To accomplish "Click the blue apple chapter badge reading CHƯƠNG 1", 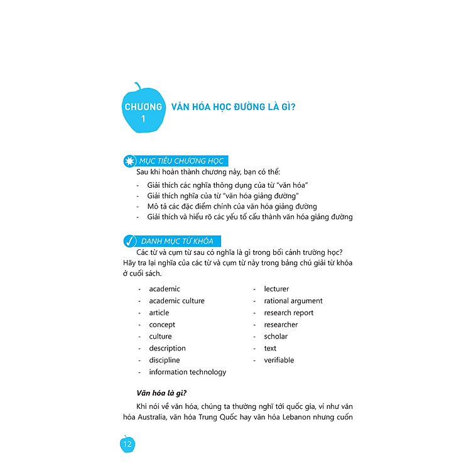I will coord(143,109).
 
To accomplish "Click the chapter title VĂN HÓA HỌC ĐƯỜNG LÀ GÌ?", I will coord(234,106).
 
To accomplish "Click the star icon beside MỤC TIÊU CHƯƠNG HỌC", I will coord(129,161).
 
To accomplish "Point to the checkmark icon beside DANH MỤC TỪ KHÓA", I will coord(129,241).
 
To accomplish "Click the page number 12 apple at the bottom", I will coord(127,445).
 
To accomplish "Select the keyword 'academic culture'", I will coord(176,301).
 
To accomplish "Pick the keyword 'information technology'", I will coord(187,372).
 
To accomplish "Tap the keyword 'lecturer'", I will coord(276,289).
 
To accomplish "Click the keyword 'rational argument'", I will coord(293,301).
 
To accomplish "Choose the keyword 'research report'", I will coord(288,313).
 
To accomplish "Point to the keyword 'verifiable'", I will coord(279,360).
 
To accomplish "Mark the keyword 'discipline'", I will coord(164,360).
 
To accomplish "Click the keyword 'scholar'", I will coord(276,336).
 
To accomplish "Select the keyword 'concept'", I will coord(162,325).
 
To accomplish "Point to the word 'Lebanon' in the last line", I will coord(299,417).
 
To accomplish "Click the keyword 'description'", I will coord(167,348).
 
